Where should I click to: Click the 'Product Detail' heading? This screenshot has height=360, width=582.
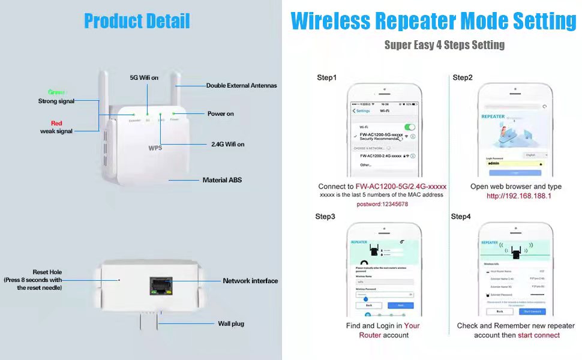(x=137, y=21)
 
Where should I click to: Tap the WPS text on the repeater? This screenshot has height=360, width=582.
(x=155, y=147)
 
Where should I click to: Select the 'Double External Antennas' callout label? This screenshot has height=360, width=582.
(x=241, y=86)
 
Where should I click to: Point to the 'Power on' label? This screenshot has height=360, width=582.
(x=220, y=113)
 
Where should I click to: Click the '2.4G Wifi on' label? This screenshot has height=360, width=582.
(x=227, y=145)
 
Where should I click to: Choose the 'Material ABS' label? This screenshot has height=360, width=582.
(x=222, y=180)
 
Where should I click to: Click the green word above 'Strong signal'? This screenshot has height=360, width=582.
(x=56, y=92)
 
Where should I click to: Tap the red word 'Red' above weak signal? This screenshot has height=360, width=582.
(x=56, y=123)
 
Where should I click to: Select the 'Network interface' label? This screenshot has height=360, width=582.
(x=250, y=281)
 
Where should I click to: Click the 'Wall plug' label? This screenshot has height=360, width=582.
(x=230, y=324)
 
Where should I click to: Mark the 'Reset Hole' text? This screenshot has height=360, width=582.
(x=47, y=272)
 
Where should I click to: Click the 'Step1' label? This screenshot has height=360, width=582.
(x=327, y=78)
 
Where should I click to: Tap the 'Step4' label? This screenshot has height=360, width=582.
(x=461, y=217)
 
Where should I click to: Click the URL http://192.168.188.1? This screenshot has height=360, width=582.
(x=518, y=196)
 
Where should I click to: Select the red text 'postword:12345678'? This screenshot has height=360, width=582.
(x=382, y=205)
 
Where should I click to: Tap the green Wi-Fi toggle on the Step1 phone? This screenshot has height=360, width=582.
(x=410, y=127)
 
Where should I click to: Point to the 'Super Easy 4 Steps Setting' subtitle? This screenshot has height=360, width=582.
(x=444, y=45)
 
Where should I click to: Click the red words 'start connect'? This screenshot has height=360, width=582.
(x=539, y=335)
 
